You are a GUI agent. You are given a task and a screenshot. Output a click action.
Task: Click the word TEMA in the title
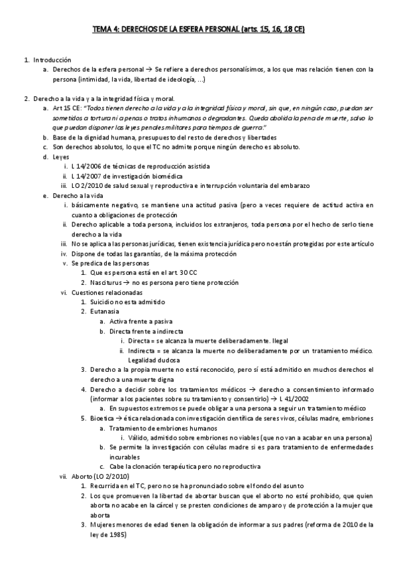[103, 30]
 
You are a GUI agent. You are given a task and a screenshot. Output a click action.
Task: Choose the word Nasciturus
[108, 281]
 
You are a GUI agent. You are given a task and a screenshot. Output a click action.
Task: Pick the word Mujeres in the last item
[105, 524]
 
